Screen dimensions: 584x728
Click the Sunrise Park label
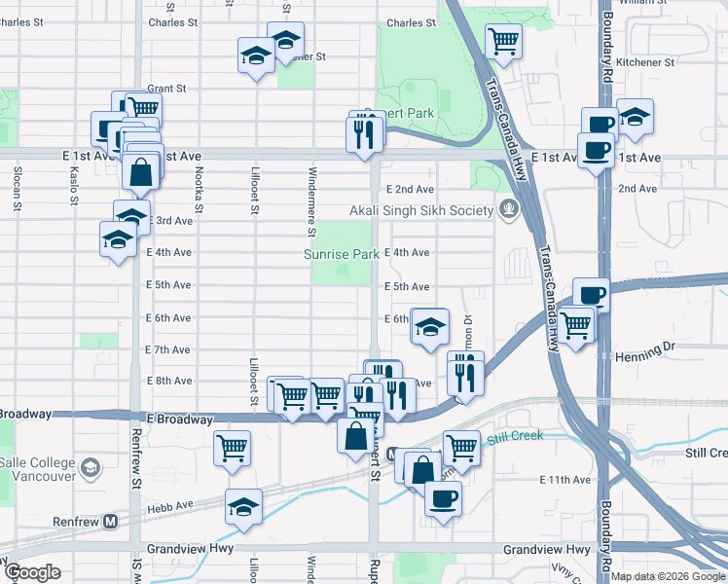point(340,254)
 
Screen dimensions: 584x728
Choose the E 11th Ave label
point(565,480)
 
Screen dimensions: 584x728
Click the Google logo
point(32,571)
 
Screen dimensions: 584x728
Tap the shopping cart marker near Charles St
point(503,41)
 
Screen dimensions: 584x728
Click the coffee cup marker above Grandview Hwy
point(443,498)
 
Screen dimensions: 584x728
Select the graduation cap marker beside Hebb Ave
point(243,506)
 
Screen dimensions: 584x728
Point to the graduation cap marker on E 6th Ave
point(429,327)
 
